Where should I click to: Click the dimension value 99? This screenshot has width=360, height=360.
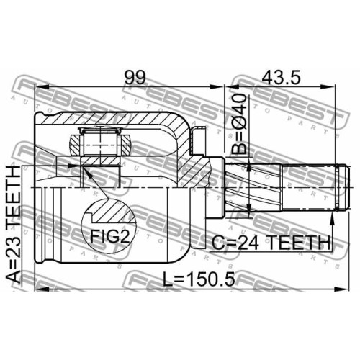coord(135,77)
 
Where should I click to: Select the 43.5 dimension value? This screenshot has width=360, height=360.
coord(281,77)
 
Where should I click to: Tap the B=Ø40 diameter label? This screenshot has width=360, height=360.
coord(239,124)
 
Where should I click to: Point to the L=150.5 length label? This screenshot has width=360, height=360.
coord(199,279)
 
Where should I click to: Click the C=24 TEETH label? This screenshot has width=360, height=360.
coord(271,243)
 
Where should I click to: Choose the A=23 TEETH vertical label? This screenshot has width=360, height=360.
coord(13,225)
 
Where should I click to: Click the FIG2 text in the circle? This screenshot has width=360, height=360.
coord(110,236)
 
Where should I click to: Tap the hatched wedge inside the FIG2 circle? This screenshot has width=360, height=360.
coord(113,211)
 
